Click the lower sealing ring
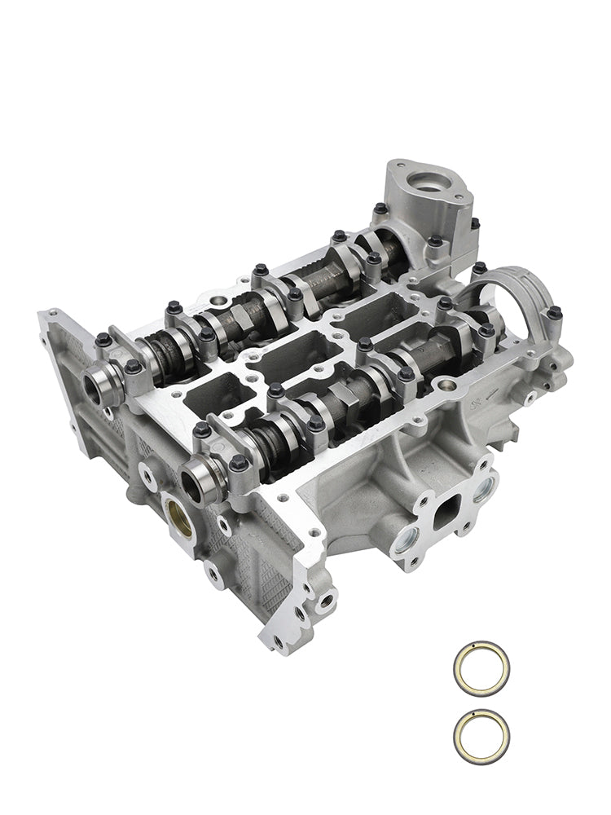(x=481, y=733)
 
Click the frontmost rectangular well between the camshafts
(x=213, y=398)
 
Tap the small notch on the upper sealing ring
(x=470, y=650)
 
